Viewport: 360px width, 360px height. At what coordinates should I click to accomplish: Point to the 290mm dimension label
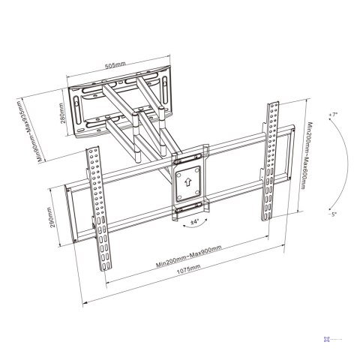49,219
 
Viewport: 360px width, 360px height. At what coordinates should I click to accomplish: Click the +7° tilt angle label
334,114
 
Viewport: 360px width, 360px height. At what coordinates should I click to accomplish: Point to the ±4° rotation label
193,222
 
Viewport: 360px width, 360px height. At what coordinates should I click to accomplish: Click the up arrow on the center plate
188,181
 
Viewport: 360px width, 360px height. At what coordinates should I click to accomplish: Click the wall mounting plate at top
120,105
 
